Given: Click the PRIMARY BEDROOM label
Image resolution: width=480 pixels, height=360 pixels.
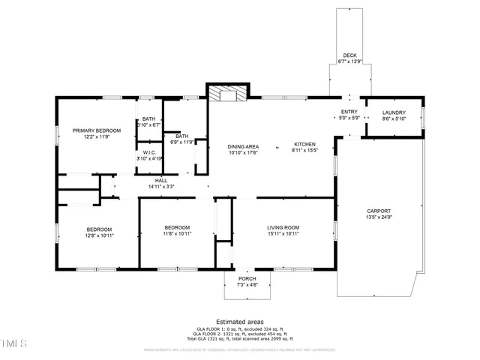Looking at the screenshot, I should [96, 130].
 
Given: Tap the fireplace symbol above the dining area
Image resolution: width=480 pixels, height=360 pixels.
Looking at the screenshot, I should [223, 94].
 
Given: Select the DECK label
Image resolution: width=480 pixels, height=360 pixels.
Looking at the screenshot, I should [349, 55].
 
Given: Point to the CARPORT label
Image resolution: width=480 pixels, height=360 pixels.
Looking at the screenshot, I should [378, 211].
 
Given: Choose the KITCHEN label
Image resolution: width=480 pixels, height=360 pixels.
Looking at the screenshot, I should [304, 144].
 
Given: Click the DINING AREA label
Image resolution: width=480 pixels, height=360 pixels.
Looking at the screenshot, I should [244, 146].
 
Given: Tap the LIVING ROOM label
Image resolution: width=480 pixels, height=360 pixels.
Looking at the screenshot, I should [283, 227].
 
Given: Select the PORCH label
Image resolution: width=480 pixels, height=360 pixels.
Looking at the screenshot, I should [247, 278].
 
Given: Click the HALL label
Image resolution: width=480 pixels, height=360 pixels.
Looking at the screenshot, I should [161, 180].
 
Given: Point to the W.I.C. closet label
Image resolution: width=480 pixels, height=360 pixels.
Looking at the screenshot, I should [149, 152].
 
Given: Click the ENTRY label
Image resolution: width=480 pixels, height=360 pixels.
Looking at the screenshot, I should [349, 111].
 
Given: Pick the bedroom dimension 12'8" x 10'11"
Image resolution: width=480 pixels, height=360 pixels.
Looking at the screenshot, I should [99, 235].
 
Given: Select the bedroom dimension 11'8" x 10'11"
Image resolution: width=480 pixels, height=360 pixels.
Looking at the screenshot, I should [178, 234].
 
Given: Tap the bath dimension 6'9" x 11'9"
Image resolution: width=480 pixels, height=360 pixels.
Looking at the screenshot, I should [182, 142].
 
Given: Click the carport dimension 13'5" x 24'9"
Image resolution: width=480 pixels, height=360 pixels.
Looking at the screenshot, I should [378, 217].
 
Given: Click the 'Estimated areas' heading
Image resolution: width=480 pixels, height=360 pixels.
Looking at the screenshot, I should [239, 320].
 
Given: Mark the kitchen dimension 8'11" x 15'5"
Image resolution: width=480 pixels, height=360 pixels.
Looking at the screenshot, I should [304, 151].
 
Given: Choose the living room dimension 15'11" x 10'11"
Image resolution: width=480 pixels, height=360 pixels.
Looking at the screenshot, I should [283, 234].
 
